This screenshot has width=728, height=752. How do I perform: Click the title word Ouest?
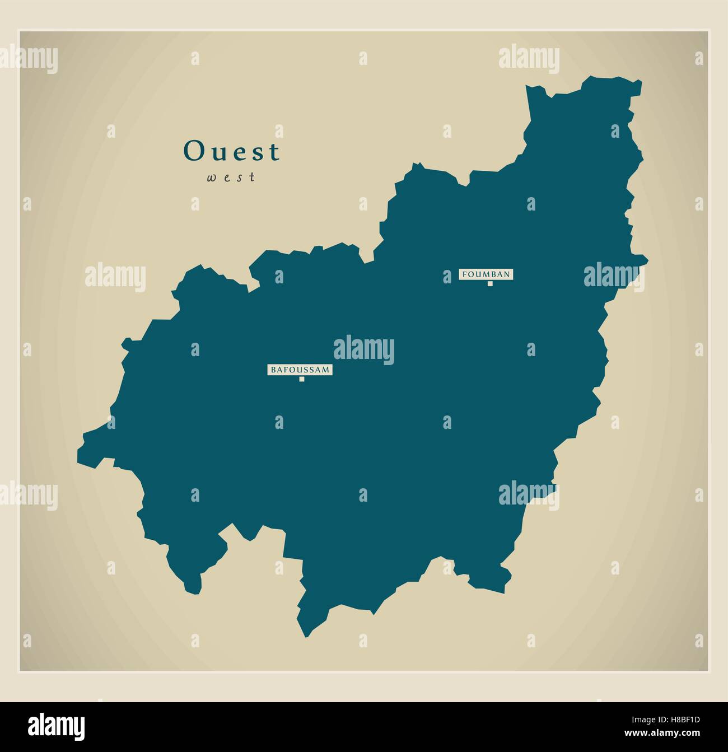pos(232,151)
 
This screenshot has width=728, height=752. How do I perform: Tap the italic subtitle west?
pos(231,178)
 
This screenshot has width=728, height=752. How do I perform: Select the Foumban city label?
pos(486,274)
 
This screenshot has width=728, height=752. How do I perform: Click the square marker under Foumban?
pos(490,284)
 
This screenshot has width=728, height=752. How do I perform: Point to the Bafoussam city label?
pos(300,370)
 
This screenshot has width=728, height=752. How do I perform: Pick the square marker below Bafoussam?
pos(302,380)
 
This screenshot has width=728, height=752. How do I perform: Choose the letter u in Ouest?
pos(217,153)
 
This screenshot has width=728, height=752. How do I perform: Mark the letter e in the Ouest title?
pos(239,153)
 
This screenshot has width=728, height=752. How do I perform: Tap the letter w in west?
pos(212,178)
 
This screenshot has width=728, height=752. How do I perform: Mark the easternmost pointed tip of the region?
pos(647,260)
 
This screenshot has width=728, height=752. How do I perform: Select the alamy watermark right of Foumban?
pos(614,275)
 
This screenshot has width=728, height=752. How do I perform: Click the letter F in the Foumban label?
pos(464,274)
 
